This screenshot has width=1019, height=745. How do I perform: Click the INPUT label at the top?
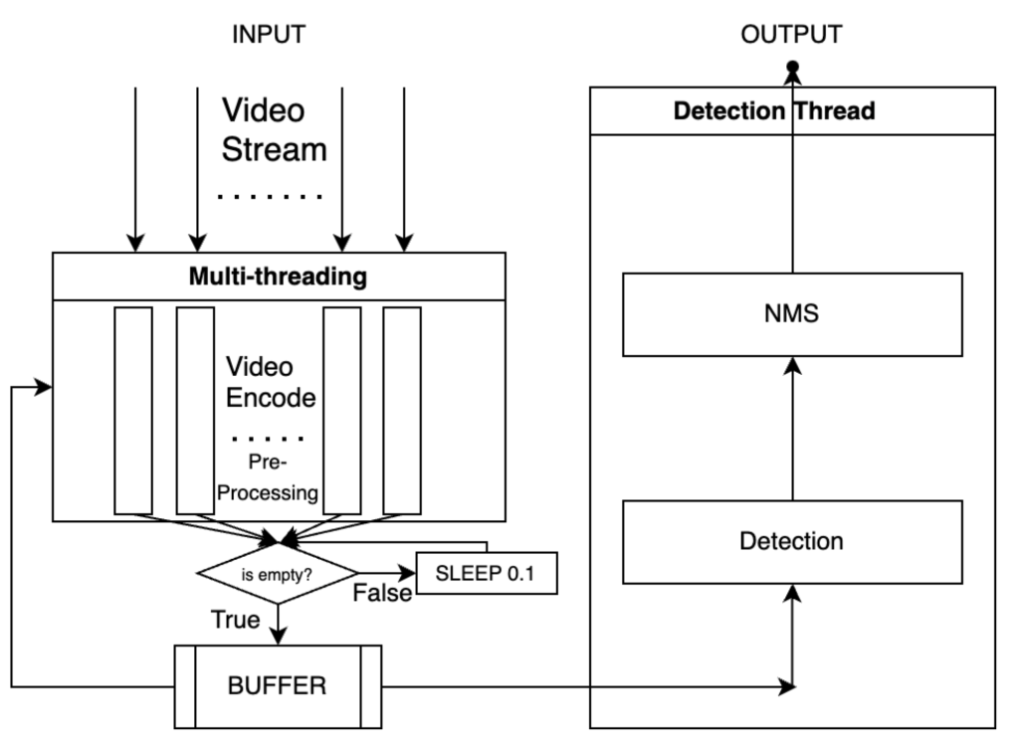coord(268,35)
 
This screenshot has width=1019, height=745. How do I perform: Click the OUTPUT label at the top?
coord(791,35)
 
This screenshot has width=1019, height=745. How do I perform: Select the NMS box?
coord(792,313)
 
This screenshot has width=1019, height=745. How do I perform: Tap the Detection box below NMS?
coord(792,542)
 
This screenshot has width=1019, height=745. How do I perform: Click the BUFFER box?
coord(278,686)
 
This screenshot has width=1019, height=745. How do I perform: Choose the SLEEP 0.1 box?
coord(486,573)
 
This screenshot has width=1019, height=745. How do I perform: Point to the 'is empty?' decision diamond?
coord(278,573)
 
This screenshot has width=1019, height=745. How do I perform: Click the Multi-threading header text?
coord(278,277)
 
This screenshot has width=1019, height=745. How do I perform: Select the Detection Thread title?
coord(774,111)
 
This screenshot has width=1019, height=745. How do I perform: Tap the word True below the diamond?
coord(236,621)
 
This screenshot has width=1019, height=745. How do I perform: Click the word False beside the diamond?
coord(382,594)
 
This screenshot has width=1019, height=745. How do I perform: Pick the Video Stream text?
coord(274,129)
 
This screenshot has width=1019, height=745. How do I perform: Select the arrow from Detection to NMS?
coord(792,428)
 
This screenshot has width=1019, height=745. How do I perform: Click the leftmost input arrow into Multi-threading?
coord(134,169)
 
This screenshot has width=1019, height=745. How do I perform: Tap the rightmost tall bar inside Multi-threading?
coord(402,410)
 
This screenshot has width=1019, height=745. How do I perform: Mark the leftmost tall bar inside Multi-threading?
coord(133,410)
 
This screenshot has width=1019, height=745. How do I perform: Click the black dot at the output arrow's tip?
coord(793,68)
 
